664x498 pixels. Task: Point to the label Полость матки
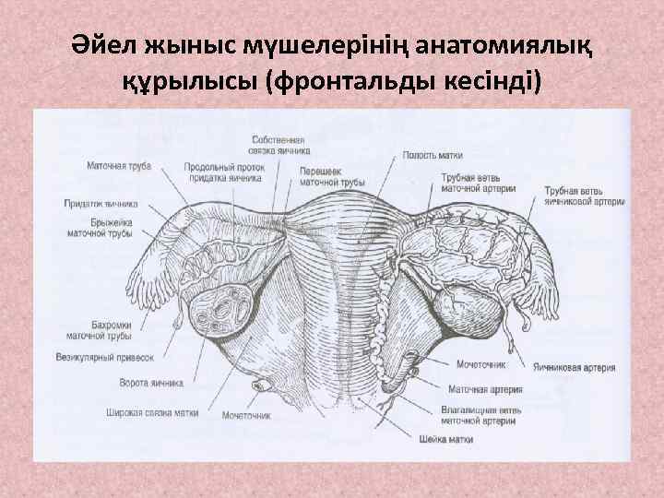(432, 156)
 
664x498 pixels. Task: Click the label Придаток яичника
(101, 203)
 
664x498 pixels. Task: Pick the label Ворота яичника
(151, 382)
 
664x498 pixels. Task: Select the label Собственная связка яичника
(280, 144)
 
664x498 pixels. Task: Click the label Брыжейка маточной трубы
(100, 229)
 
